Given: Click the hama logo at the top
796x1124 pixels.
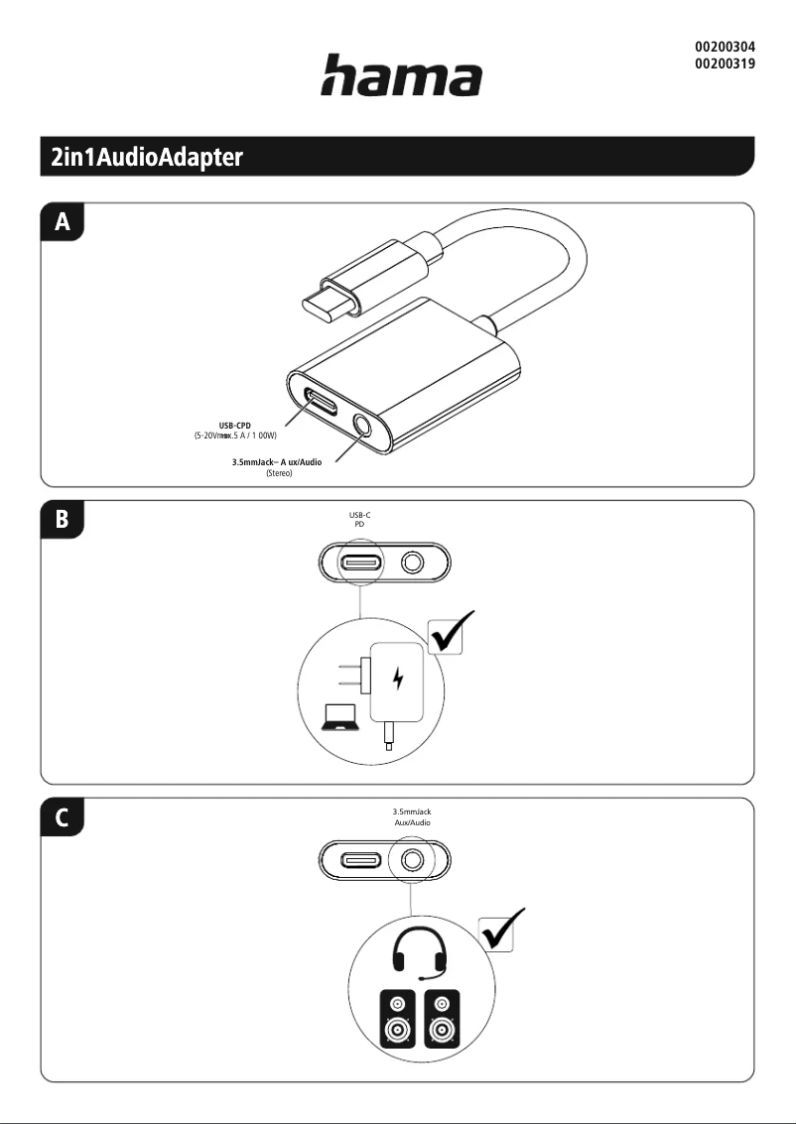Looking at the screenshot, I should click(400, 75).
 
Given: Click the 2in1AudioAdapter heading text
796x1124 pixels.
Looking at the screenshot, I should click(147, 157).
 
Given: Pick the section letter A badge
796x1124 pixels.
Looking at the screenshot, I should click(63, 223).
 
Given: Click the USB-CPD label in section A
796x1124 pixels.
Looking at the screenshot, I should click(234, 426).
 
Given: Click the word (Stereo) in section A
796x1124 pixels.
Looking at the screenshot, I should click(279, 474).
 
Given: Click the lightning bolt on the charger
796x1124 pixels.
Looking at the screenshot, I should click(399, 680).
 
